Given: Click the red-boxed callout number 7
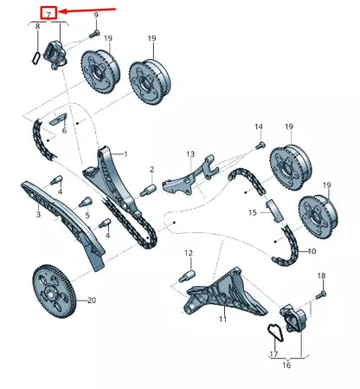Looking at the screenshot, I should (x=49, y=12).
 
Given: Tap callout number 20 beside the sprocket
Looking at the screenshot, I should (x=93, y=300).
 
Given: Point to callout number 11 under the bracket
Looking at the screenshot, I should (x=222, y=320).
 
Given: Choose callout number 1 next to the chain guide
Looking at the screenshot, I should (x=125, y=153).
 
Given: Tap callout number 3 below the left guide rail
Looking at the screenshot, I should (x=38, y=213).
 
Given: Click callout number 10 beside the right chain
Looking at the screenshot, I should (x=312, y=251).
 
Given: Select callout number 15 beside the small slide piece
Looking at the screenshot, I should (x=253, y=211).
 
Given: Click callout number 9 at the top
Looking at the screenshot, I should (x=95, y=16).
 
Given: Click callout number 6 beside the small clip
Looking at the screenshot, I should (x=63, y=130).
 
